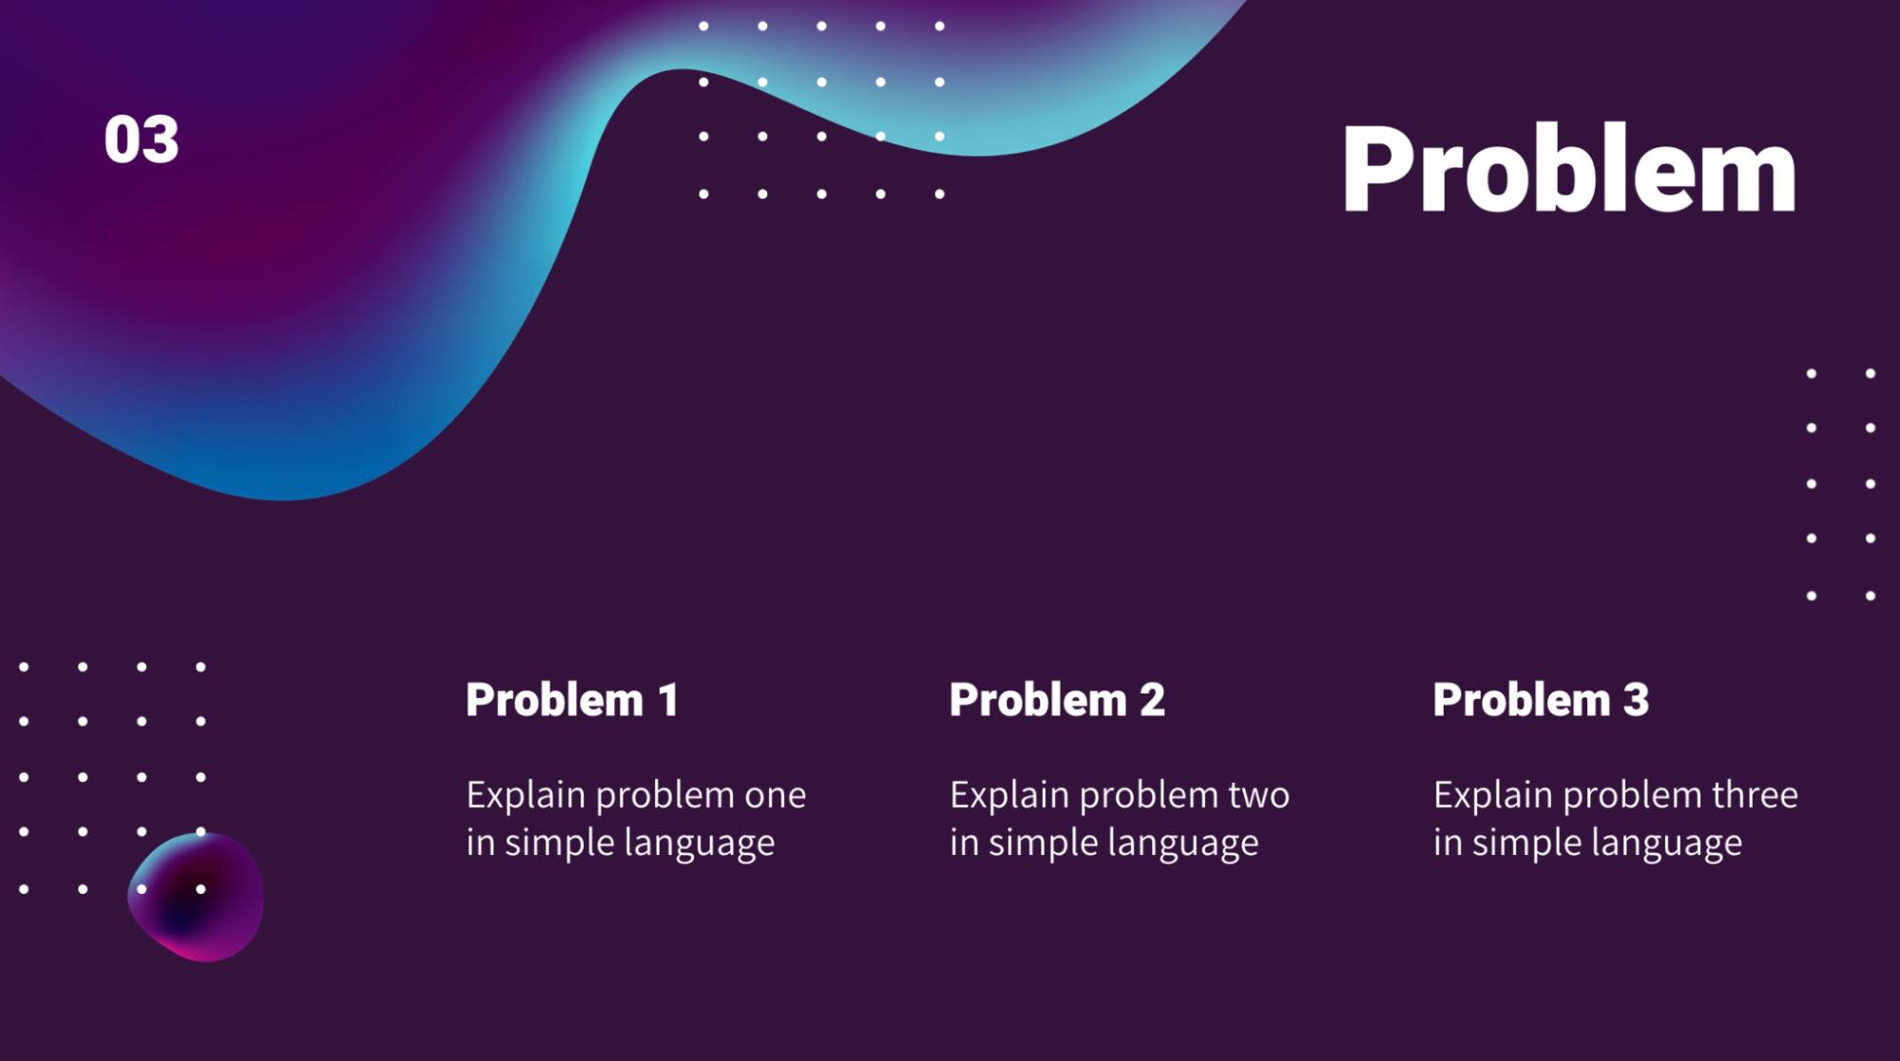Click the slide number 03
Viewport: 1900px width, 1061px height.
pos(141,141)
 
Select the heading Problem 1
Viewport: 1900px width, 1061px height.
pos(572,700)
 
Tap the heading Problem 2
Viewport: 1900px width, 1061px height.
pos(1057,700)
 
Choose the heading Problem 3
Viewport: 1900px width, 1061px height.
pos(1541,700)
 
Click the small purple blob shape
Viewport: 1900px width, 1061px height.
pos(197,898)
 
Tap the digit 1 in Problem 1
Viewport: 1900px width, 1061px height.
pos(669,700)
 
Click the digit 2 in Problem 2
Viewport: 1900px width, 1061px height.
pos(1152,700)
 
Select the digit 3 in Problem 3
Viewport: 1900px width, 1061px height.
pos(1636,700)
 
